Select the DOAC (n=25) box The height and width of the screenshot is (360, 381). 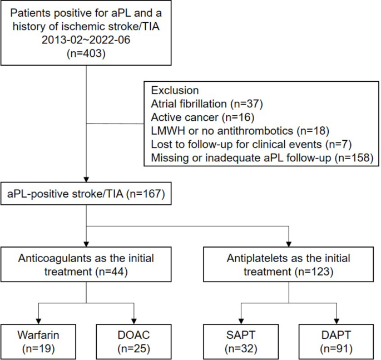point(134,341)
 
